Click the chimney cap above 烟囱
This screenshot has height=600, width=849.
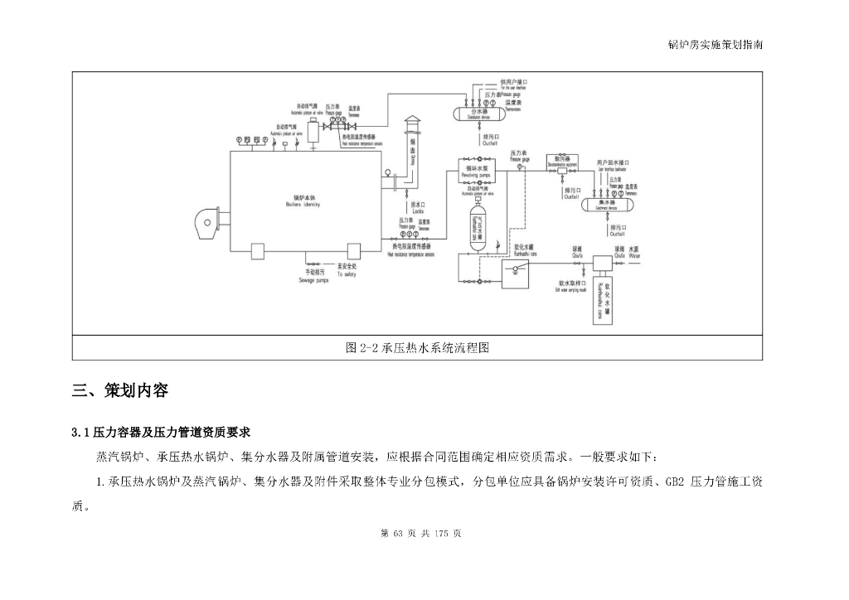point(412,125)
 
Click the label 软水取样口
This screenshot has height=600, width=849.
point(572,282)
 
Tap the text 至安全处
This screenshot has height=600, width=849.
point(347,267)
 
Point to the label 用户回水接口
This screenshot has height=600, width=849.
point(614,162)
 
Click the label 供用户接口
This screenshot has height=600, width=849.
point(513,83)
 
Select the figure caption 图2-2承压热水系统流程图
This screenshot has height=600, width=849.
point(417,348)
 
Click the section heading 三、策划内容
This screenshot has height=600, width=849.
point(120,390)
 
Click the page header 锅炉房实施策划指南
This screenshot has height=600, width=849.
point(715,45)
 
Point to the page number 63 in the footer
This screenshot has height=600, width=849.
point(396,534)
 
